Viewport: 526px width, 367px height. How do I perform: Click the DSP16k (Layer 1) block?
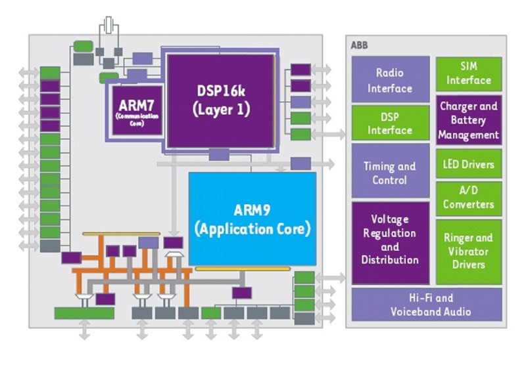[221, 100]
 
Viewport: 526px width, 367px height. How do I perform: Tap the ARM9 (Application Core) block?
[252, 219]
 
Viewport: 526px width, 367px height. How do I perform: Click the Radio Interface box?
[390, 80]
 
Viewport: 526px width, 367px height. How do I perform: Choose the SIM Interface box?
[469, 73]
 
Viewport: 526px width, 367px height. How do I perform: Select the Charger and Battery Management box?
[469, 121]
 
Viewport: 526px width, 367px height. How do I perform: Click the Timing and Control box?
[390, 173]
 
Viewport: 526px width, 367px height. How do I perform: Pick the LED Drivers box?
[469, 163]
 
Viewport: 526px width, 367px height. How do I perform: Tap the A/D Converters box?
[469, 197]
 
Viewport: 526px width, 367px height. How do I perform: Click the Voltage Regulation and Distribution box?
[390, 239]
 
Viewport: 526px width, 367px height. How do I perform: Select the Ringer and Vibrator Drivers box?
[469, 251]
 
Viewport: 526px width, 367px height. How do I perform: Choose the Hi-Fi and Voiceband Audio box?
[427, 305]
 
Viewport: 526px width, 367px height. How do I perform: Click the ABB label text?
[359, 45]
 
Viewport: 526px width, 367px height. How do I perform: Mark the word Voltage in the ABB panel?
[390, 219]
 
